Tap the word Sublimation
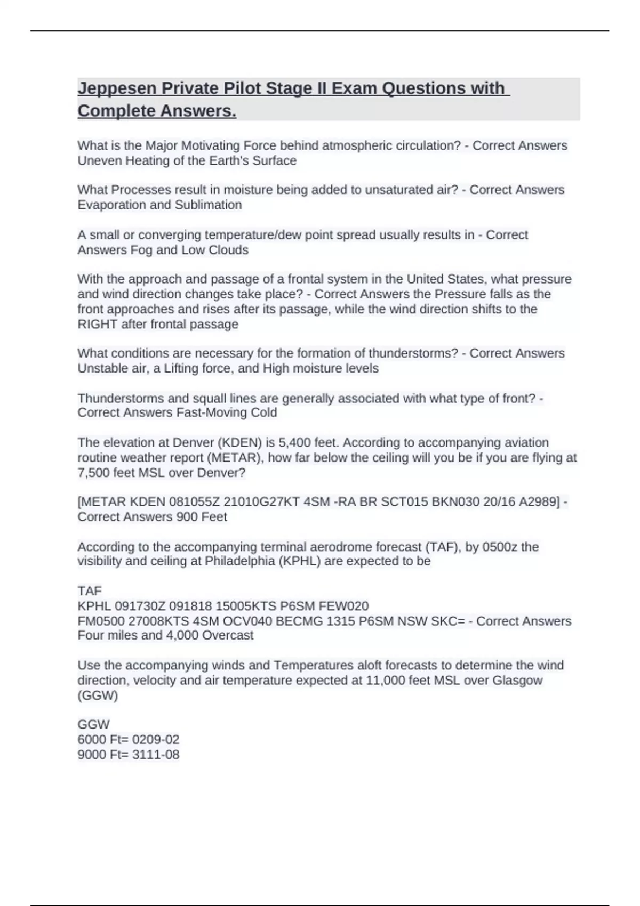[x=209, y=205]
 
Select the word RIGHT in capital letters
[x=97, y=324]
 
